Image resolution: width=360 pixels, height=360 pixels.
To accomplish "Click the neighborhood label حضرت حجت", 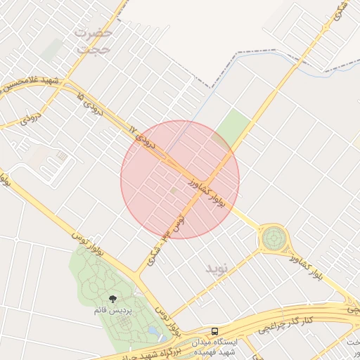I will (x=94, y=41).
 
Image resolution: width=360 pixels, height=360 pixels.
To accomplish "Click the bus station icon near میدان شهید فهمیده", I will (x=214, y=330).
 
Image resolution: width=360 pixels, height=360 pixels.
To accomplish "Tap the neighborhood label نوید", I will (x=217, y=269).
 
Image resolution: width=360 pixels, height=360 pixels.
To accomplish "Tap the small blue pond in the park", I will (x=153, y=330).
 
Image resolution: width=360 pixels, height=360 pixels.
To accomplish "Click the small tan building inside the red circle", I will (x=174, y=190).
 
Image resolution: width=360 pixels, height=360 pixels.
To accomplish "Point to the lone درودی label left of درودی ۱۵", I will (x=28, y=117).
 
